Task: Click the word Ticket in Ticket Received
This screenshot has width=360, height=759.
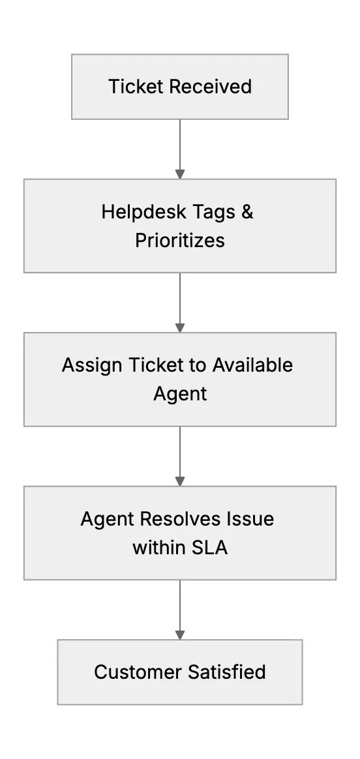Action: [136, 87]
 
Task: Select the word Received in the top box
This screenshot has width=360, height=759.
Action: [211, 87]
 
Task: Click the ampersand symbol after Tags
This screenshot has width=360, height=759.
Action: [247, 212]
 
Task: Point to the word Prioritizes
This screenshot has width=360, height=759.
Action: [180, 240]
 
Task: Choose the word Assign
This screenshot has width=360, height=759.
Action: [92, 366]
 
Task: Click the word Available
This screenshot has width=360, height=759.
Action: [252, 365]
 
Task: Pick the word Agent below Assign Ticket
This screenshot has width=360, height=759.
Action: [180, 394]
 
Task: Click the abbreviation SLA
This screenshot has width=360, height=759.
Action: [209, 548]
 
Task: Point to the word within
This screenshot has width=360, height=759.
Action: [159, 548]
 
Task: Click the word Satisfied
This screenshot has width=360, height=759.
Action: [227, 672]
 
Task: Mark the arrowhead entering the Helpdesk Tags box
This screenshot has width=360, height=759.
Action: [180, 174]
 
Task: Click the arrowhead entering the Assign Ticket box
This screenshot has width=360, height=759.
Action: [180, 328]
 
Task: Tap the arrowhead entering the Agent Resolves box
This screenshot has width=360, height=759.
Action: [180, 481]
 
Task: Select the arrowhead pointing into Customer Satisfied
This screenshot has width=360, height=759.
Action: [180, 634]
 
